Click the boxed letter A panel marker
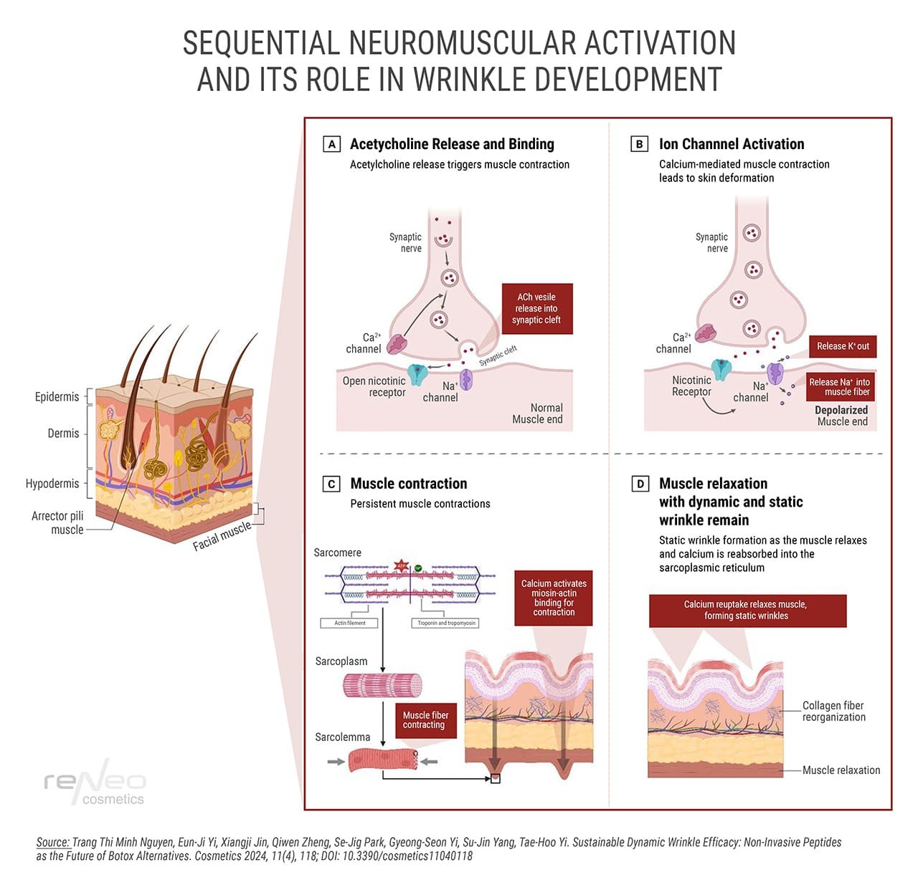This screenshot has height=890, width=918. tap(331, 144)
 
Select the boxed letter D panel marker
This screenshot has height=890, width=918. tap(640, 484)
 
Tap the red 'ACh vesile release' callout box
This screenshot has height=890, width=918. tap(536, 308)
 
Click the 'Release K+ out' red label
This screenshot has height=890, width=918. tap(843, 346)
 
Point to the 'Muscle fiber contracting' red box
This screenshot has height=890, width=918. tap(425, 720)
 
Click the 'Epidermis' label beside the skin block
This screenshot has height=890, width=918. tap(57, 397)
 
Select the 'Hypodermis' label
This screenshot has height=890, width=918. tap(52, 484)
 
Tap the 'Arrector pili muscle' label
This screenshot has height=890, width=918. tap(58, 522)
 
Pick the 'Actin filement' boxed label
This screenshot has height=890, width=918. tap(350, 623)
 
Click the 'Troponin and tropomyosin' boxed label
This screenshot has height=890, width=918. tap(447, 623)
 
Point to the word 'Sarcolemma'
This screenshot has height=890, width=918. tap(343, 737)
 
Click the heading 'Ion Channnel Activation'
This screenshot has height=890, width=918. tap(732, 144)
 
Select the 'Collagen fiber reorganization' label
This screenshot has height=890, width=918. tap(833, 711)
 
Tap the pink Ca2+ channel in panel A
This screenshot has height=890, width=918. tap(397, 345)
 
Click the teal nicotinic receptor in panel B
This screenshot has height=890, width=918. tap(722, 368)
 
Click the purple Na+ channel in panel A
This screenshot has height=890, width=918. tap(466, 378)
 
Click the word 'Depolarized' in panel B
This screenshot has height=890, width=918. tap(841, 410)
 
